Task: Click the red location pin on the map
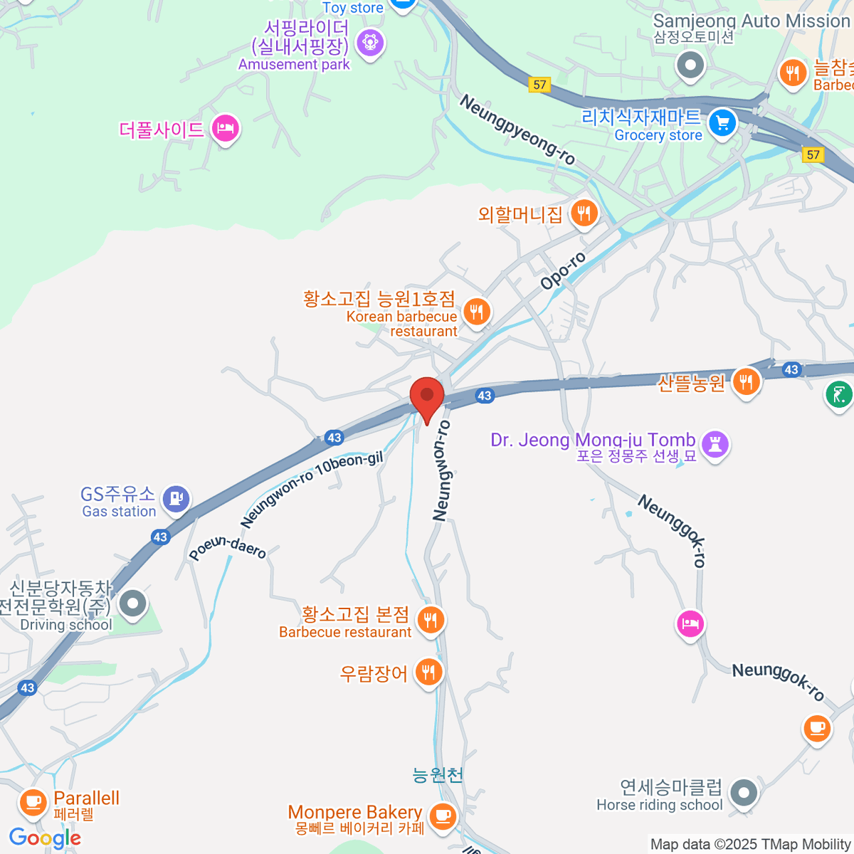(427, 397)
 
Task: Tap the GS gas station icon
(176, 498)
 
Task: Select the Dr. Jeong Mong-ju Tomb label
(593, 441)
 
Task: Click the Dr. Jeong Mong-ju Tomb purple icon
(715, 444)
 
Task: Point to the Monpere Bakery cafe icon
(443, 815)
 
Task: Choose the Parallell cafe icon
(32, 802)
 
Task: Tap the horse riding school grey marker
(744, 791)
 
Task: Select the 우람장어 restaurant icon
(428, 671)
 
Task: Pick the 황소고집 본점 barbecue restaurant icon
(430, 620)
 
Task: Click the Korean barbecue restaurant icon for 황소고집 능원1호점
(476, 311)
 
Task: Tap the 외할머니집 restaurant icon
(584, 212)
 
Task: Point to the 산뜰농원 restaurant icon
(745, 382)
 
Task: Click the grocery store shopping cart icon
(722, 122)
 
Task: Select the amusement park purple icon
(370, 43)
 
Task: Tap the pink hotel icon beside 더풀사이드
(225, 129)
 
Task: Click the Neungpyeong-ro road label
(517, 130)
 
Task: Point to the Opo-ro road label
(562, 271)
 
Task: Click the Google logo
(45, 838)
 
